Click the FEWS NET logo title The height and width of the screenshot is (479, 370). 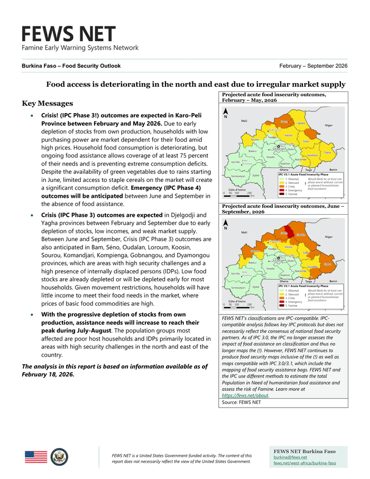(68, 34)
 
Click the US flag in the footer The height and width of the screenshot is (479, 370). (36, 456)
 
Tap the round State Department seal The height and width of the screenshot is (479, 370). (59, 456)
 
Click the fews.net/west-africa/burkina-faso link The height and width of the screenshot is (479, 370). (304, 464)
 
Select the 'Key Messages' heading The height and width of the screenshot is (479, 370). (47, 103)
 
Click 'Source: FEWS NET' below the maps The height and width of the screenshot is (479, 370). (242, 402)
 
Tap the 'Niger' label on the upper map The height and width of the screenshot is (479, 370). (328, 125)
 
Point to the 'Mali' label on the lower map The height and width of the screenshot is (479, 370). (244, 232)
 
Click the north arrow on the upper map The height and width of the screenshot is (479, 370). (226, 112)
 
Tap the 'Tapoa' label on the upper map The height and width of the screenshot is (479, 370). (328, 152)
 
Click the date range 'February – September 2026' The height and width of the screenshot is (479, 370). (313, 66)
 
